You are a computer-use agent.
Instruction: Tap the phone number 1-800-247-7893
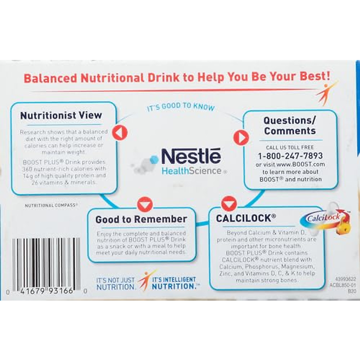290,156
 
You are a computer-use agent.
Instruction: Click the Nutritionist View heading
61,115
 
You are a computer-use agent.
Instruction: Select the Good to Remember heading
141,219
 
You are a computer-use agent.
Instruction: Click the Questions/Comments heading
290,126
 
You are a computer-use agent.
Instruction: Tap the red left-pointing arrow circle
120,133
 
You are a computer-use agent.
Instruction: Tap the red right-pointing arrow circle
241,138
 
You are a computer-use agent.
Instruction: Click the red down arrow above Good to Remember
145,205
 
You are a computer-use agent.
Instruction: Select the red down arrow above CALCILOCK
229,204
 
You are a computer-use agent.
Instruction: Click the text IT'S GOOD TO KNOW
181,106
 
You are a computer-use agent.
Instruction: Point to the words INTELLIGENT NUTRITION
174,283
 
